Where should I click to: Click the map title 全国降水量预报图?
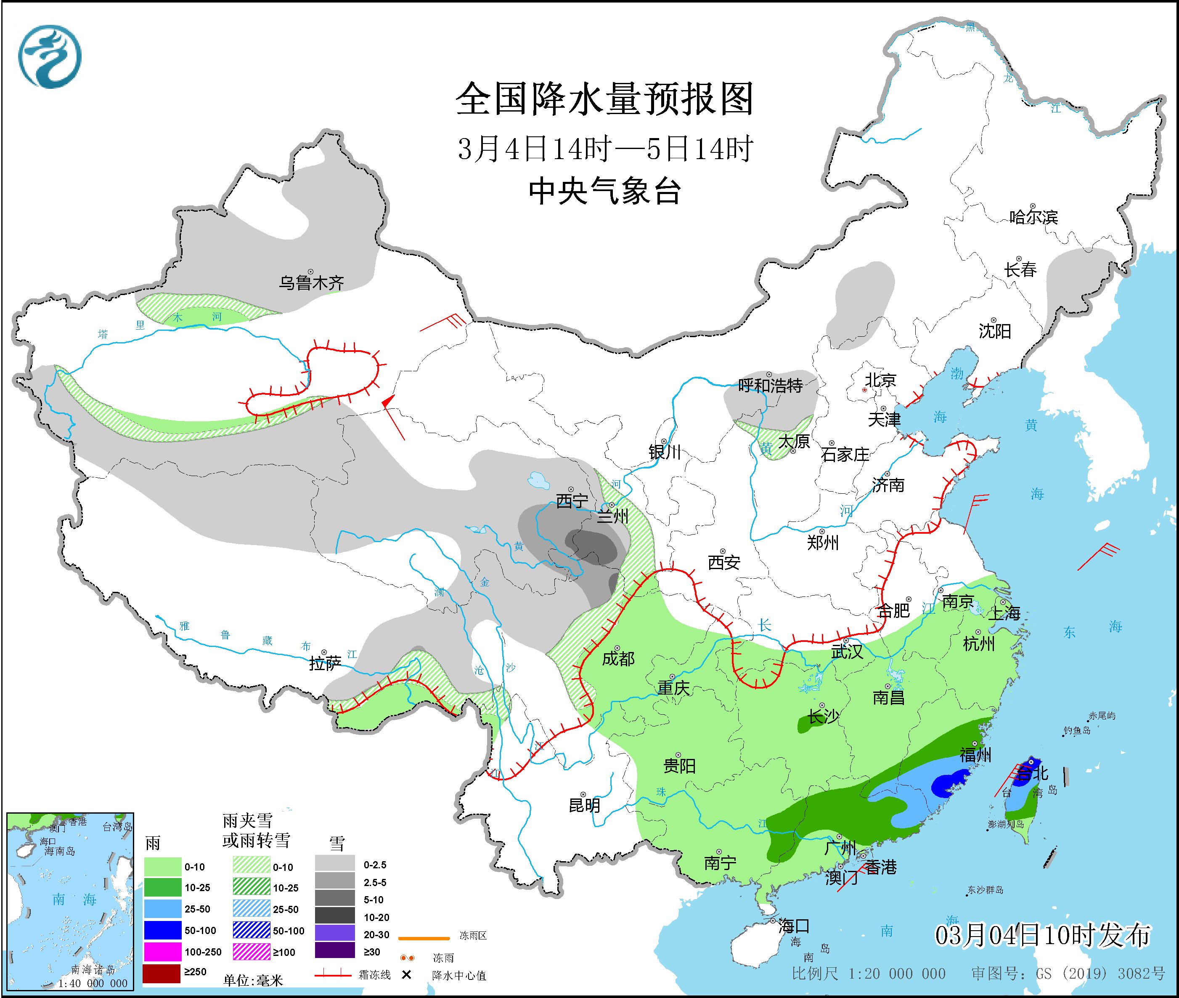(604, 99)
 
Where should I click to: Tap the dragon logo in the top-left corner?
(50, 56)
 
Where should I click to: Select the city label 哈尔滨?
(1033, 217)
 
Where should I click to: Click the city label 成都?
(618, 659)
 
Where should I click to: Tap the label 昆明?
(584, 805)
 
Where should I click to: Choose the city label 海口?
(794, 926)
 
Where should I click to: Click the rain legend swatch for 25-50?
(162, 909)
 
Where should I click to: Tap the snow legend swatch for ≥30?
(335, 952)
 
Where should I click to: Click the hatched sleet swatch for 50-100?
(251, 931)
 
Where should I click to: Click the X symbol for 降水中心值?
(406, 975)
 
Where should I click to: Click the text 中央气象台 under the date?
(604, 191)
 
